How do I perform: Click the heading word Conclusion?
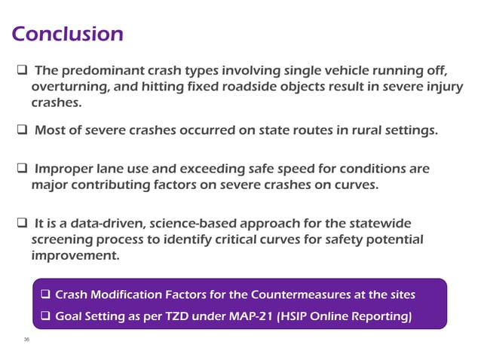67,34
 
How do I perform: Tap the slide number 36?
26,340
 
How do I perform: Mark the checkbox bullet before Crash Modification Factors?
46,293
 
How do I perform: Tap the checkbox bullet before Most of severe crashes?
23,131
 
